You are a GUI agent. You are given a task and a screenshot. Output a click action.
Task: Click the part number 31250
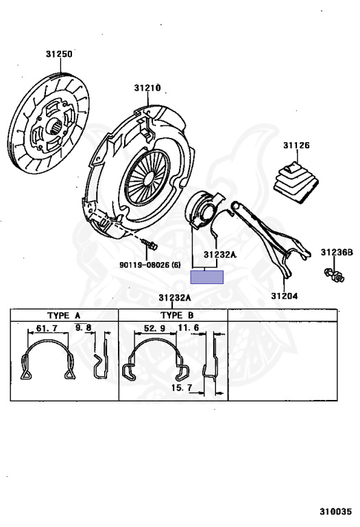[x=59, y=53]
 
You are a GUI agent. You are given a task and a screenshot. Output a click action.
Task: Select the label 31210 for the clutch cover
[x=147, y=88]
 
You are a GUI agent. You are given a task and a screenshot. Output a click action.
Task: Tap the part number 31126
[x=296, y=145]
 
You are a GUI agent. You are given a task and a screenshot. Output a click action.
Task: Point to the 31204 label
[x=283, y=296]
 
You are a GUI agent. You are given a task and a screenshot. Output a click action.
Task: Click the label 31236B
[x=338, y=253]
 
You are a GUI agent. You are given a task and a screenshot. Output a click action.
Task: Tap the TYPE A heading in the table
[x=62, y=316]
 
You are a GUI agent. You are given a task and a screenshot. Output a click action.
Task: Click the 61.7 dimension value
[x=46, y=330]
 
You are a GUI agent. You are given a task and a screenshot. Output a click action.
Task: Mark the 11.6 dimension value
[x=188, y=329]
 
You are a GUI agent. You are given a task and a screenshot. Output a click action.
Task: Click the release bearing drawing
[x=204, y=208]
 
